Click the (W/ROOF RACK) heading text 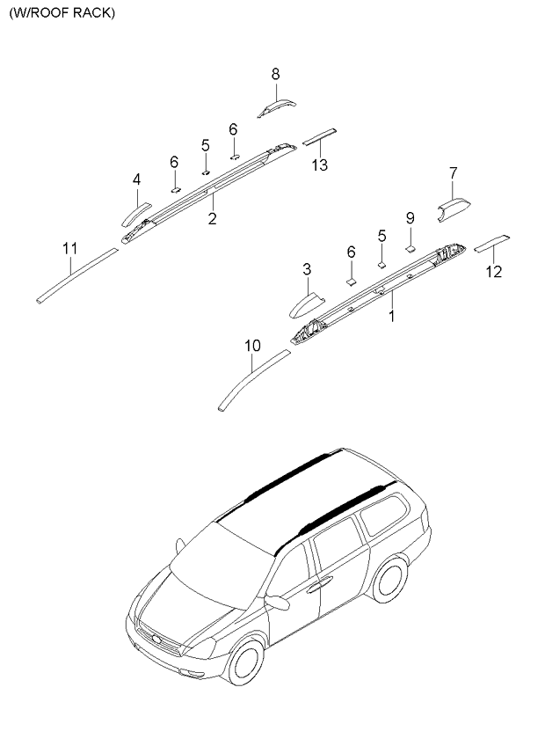62,13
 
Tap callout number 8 276,74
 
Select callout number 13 320,165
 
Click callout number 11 70,248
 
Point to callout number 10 253,346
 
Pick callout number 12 494,272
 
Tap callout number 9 411,218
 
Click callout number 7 454,173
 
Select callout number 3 307,270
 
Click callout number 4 137,179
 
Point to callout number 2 212,219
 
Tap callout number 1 392,316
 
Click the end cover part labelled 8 277,107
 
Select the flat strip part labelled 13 320,136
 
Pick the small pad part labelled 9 411,248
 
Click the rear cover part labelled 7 454,208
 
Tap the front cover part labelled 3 306,307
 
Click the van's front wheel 245,662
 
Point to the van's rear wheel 390,580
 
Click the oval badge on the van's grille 157,639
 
